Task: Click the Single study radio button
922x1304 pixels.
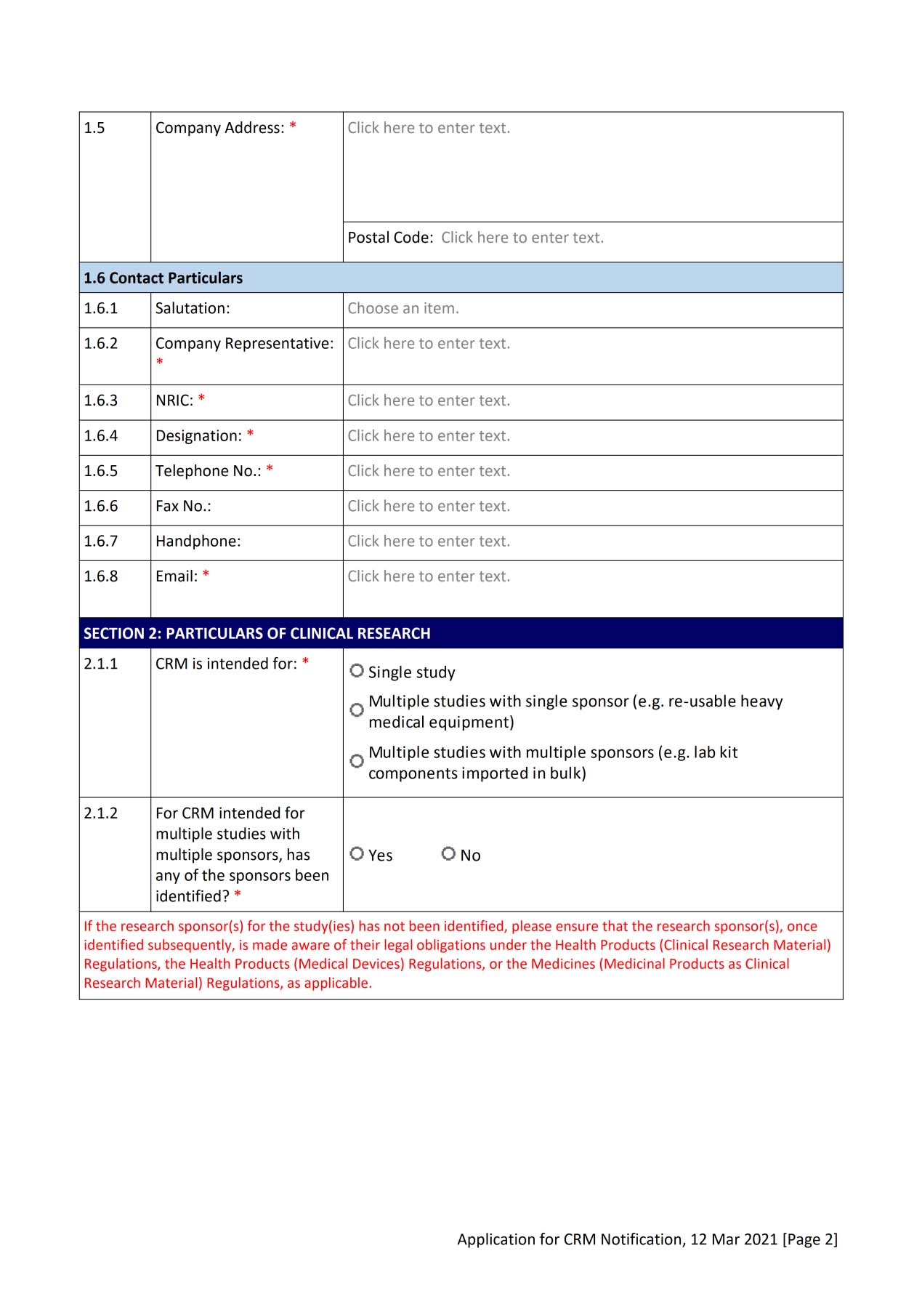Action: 357,671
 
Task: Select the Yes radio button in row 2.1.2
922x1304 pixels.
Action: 357,853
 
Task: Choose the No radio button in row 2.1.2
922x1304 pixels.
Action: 448,853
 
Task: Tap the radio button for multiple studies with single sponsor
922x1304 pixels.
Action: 357,710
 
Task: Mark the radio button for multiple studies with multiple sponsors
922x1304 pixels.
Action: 357,761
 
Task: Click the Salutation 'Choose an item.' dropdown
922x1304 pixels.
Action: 403,308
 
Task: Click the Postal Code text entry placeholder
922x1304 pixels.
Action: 522,238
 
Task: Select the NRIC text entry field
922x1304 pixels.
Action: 429,401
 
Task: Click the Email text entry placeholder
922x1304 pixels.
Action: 429,576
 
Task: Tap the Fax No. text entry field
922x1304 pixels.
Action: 429,506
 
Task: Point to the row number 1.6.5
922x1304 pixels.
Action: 100,471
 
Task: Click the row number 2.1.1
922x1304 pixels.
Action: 100,664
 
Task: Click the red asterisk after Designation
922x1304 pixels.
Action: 250,435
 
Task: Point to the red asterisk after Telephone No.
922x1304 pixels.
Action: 270,470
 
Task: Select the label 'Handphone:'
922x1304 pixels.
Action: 198,542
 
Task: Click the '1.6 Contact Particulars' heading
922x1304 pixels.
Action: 163,278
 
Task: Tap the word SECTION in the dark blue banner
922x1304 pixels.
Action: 113,633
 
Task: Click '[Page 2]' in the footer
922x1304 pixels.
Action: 809,1239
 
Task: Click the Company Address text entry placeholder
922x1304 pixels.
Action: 429,128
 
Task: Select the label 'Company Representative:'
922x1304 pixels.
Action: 244,344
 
